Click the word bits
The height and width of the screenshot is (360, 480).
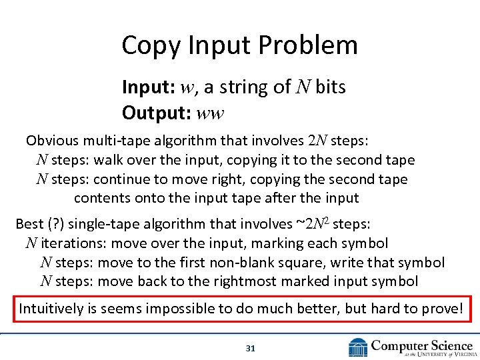[330, 87]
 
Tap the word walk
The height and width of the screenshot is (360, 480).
[109, 160]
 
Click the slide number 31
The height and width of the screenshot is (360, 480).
[251, 348]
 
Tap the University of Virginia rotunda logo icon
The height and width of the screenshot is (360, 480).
[358, 347]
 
